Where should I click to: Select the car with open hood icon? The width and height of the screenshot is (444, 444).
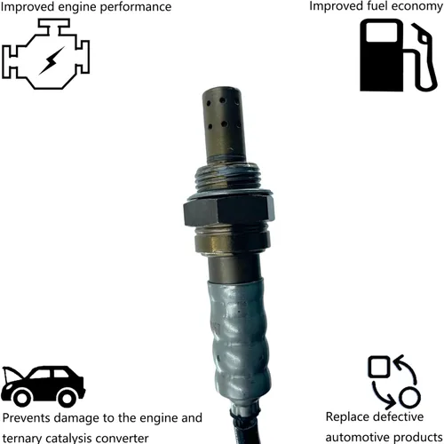click(43, 384)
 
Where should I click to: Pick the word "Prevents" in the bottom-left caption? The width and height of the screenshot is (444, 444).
click(26, 416)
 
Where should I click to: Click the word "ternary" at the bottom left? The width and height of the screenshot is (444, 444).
click(22, 437)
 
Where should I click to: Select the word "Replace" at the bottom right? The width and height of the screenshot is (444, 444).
click(348, 416)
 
